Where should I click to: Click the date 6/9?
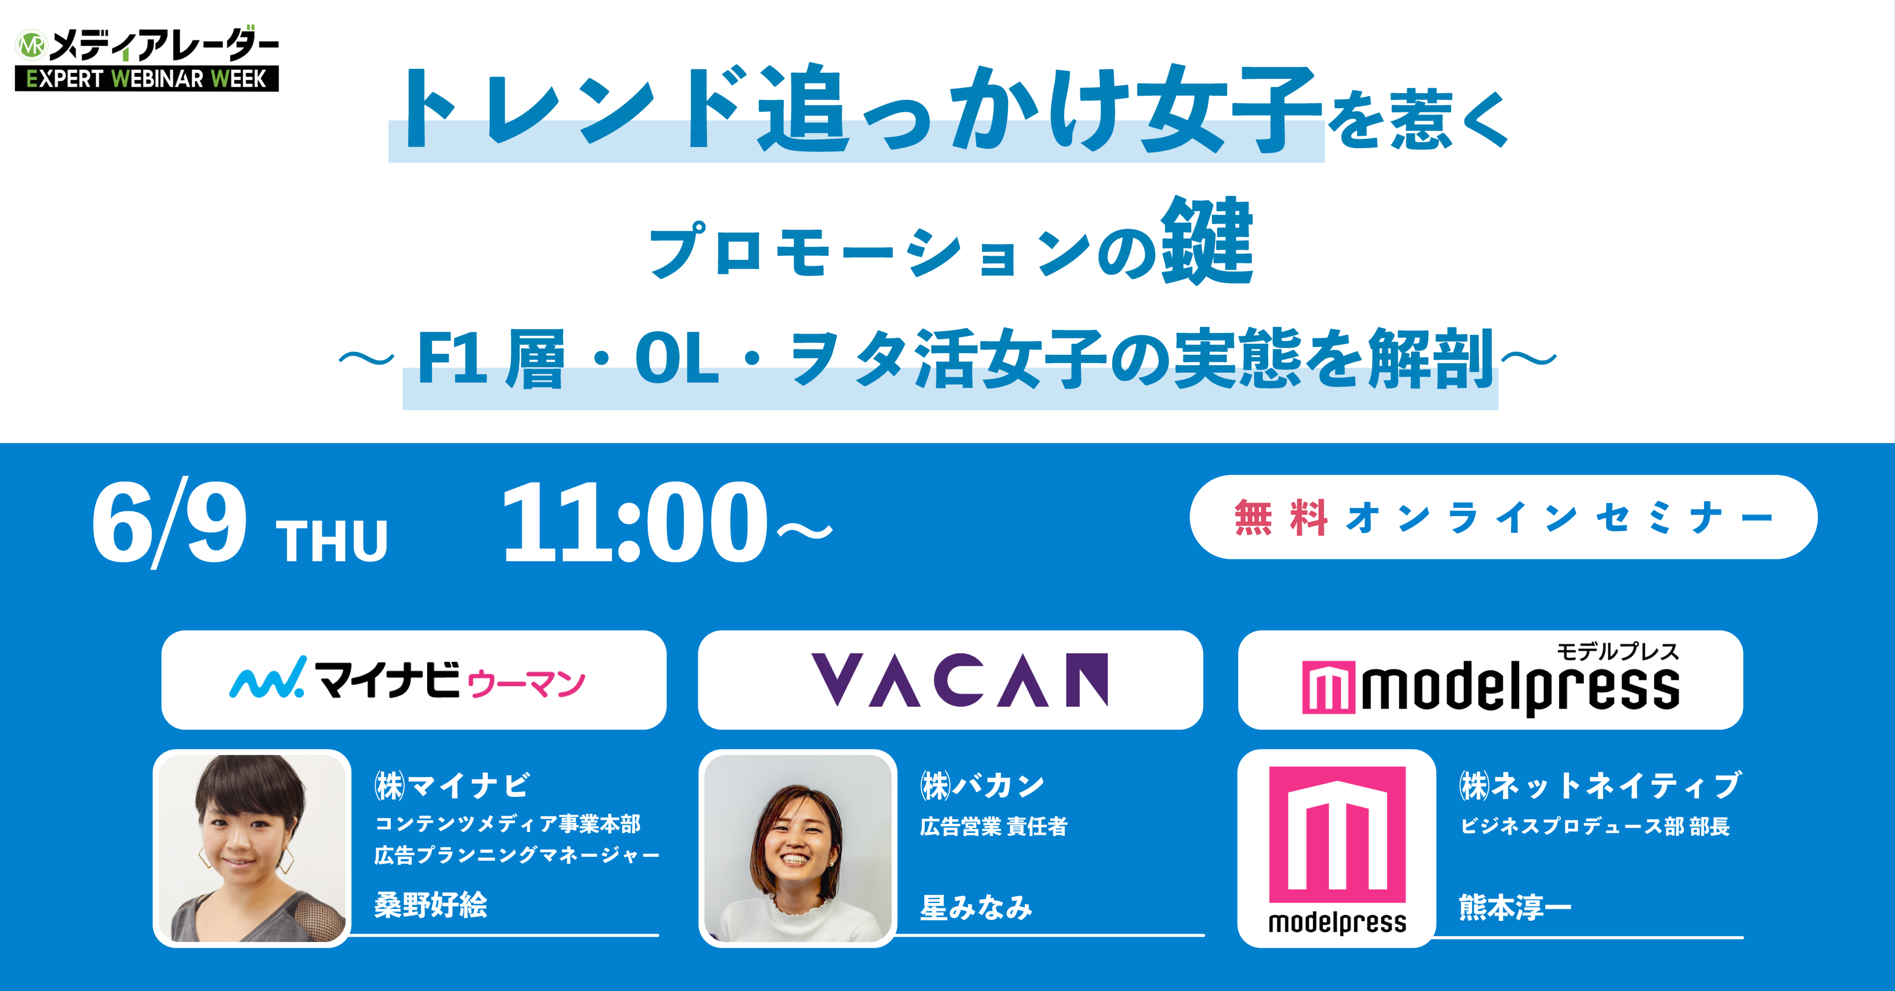(169, 523)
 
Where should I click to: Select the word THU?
(332, 541)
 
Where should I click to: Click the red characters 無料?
(1281, 518)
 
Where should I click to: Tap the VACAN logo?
(959, 680)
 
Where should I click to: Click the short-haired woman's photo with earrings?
(252, 848)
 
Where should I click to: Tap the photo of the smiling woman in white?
(797, 848)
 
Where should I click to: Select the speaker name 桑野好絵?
(431, 905)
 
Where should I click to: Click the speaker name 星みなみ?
(976, 907)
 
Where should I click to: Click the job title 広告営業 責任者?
(994, 826)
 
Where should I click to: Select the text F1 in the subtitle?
(452, 358)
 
